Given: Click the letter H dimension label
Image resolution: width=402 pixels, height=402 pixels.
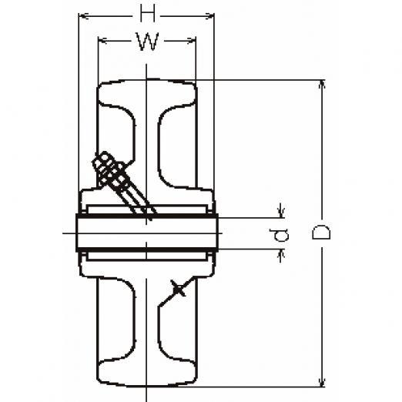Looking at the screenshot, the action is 148,12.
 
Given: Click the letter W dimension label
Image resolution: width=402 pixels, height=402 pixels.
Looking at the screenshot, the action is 147,41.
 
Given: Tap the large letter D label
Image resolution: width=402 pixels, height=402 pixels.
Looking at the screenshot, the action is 321,232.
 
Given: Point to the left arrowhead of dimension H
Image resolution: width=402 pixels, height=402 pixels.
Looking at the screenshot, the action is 83,16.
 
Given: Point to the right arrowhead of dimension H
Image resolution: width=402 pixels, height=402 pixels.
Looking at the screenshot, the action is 209,16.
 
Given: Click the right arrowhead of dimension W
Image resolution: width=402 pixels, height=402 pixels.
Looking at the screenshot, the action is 191,41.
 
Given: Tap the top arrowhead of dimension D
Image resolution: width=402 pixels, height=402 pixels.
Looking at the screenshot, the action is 322,85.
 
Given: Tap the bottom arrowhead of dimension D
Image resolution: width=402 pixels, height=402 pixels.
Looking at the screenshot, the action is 322,382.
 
